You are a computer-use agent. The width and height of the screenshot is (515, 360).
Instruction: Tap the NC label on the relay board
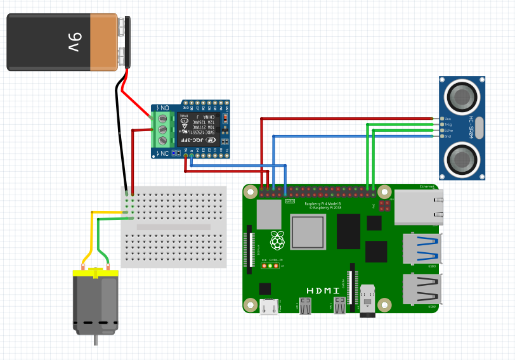click(163, 153)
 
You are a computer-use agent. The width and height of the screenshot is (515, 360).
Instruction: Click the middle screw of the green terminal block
click(162, 129)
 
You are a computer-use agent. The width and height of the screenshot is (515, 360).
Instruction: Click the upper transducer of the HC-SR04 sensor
click(463, 96)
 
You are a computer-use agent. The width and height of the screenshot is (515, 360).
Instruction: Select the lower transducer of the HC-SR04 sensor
click(463, 158)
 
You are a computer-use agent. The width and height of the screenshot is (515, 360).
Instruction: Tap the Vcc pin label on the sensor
click(447, 119)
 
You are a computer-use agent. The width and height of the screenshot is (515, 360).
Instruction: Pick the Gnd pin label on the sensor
click(447, 136)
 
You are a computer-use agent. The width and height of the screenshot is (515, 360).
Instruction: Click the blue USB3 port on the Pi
click(422, 248)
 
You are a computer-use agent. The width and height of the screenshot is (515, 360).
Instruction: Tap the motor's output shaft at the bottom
click(96, 340)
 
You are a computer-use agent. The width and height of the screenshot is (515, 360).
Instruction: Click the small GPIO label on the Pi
click(290, 201)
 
